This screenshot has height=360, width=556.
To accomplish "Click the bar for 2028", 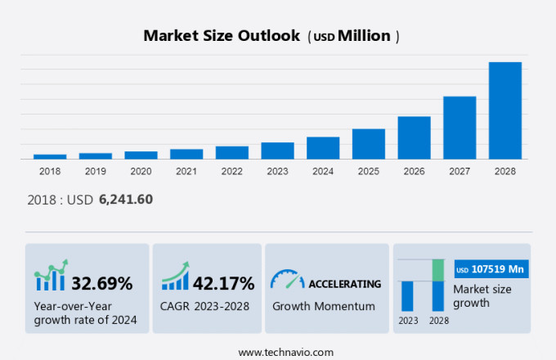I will click(x=504, y=110).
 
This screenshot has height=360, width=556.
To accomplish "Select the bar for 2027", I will click(x=460, y=128).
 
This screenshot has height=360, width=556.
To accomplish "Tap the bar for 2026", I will click(x=414, y=137).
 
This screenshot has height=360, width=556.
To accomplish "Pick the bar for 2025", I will click(x=368, y=144).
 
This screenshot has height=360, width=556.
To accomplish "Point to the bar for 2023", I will click(x=277, y=151).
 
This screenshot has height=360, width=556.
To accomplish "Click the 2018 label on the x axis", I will click(x=50, y=171).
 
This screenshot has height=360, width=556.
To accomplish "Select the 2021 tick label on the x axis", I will click(x=186, y=171).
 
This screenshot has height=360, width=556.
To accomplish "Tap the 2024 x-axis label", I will click(x=323, y=171).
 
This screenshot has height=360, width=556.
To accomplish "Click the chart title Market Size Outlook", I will click(x=221, y=36).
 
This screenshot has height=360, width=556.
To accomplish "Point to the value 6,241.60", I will click(x=126, y=199).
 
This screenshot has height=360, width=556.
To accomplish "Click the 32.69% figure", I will click(x=102, y=284).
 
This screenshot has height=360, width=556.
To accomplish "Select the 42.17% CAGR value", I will click(x=223, y=284).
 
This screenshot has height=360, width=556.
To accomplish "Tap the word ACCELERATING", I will click(x=344, y=284).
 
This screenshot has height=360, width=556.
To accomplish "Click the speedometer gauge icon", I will click(x=287, y=279).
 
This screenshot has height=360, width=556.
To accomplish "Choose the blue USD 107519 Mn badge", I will click(x=491, y=269).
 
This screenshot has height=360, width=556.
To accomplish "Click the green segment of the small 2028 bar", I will click(x=438, y=270).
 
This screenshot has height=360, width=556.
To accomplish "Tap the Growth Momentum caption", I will click(x=323, y=306).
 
